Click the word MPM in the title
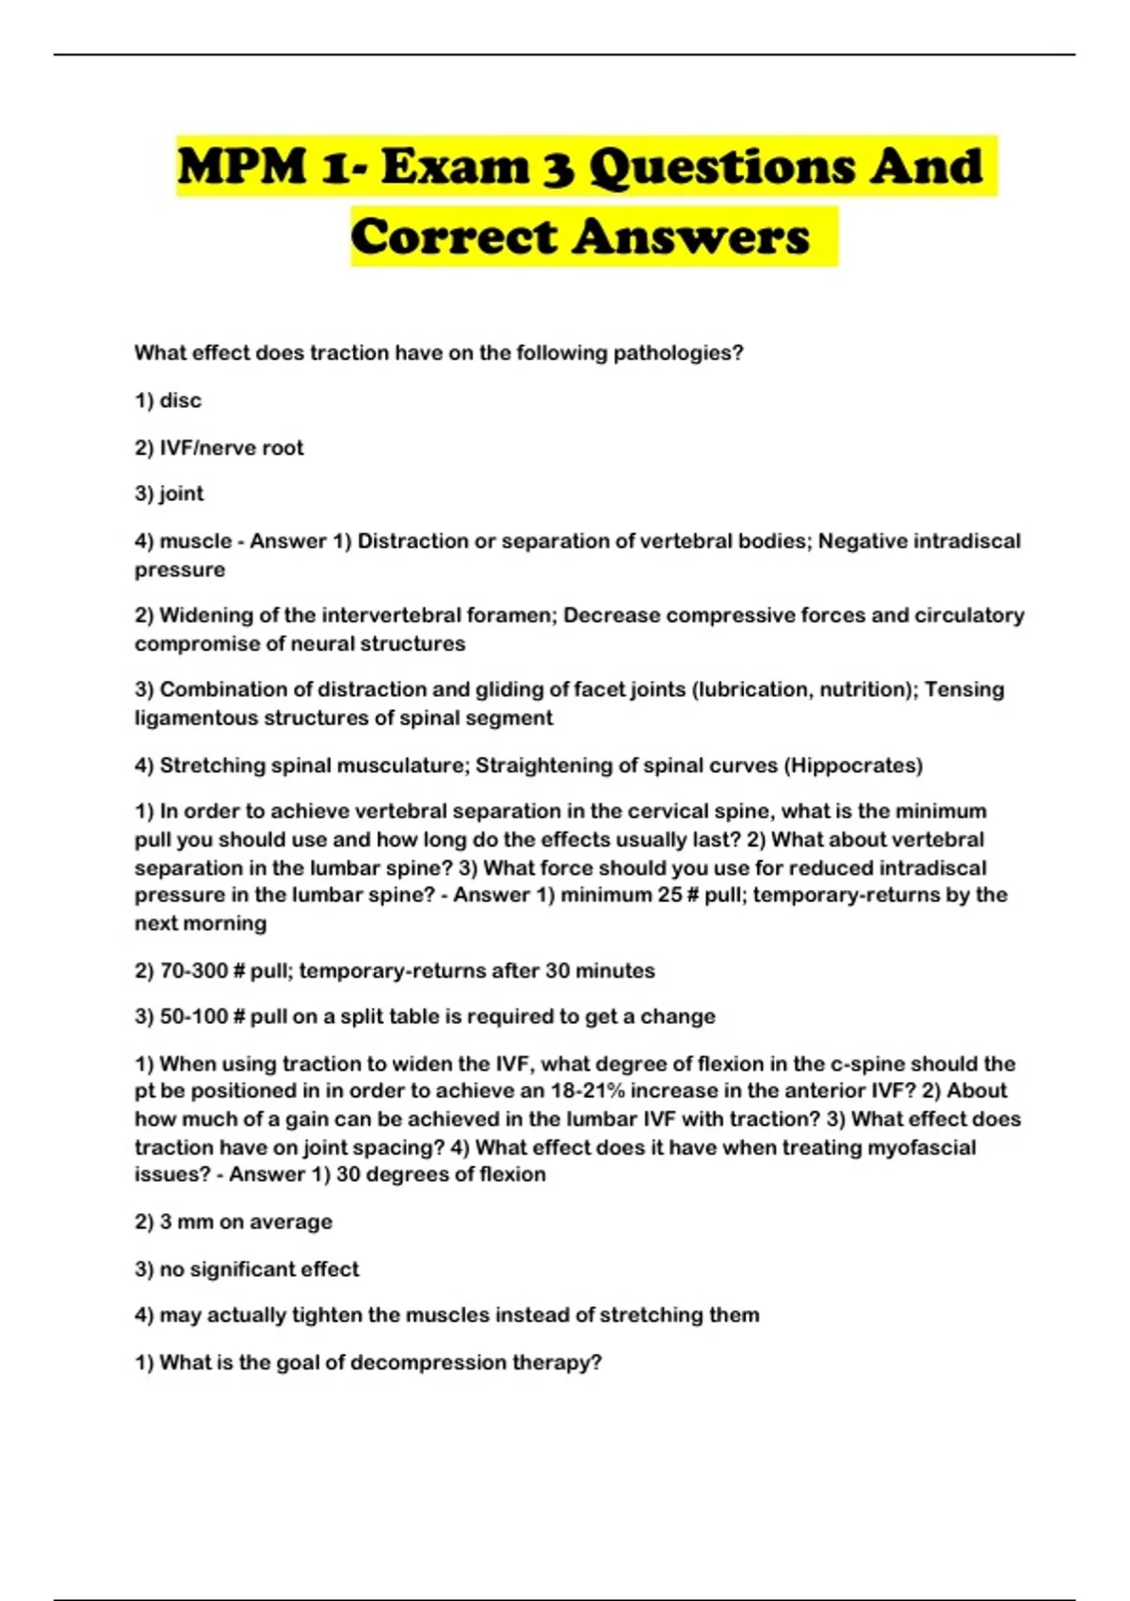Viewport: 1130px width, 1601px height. point(241,167)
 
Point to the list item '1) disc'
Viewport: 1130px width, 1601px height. point(168,400)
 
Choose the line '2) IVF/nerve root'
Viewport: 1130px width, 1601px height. point(218,448)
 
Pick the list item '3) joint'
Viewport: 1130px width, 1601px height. point(169,493)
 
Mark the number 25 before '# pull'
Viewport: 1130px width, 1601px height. point(670,896)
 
